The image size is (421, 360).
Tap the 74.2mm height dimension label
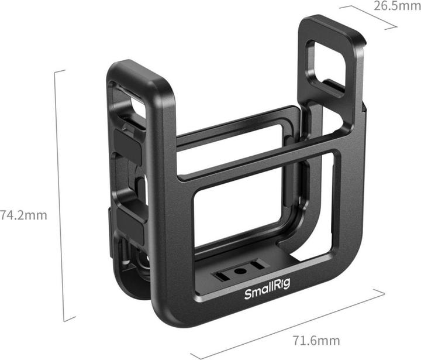tap(23, 215)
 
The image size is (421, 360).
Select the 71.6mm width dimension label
tap(316, 340)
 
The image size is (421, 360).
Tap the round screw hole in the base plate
tap(240, 272)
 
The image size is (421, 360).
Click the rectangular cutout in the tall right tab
tap(327, 63)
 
